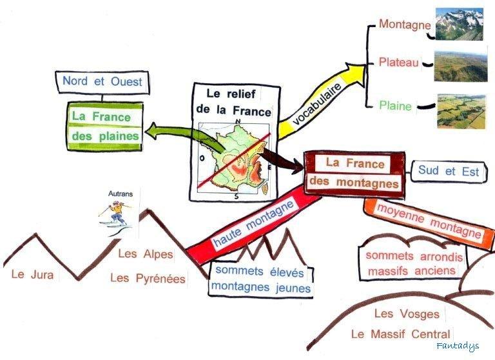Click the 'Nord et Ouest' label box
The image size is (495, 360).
coord(102,82)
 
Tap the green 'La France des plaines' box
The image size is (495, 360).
coord(106,126)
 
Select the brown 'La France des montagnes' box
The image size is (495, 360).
coord(354,173)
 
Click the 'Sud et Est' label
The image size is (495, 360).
coord(449,171)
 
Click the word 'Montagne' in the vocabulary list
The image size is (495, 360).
coord(405,25)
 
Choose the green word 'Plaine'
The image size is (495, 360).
coord(395,106)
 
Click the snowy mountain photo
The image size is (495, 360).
coord(459,25)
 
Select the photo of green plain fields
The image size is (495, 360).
coord(460,110)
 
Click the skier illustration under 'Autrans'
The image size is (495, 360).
coord(116,214)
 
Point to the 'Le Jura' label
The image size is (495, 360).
coord(33,274)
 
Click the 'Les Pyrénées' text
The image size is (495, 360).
coord(148,279)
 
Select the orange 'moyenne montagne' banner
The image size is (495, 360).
coord(429,220)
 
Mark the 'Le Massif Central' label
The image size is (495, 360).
coord(400,334)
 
